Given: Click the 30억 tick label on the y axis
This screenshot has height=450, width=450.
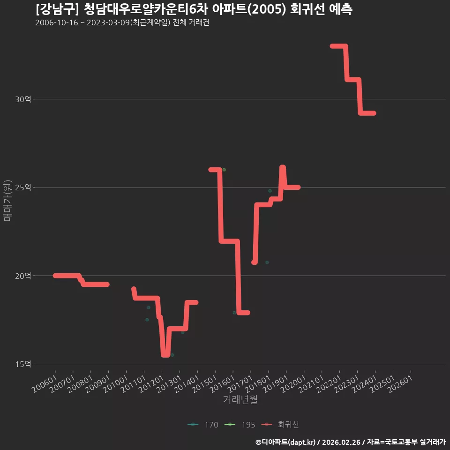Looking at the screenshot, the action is coord(23,99).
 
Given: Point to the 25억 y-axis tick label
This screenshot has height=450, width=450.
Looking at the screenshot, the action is coord(23,187).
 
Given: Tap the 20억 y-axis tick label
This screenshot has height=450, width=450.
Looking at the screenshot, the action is coord(23,276).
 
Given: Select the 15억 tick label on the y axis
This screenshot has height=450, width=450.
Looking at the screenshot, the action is coord(23,364).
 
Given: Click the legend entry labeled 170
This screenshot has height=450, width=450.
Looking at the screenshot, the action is coord(203,425).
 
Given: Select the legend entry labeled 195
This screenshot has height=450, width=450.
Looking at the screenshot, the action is coord(240,425).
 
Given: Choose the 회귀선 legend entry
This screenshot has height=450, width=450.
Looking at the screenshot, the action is coord(280,425).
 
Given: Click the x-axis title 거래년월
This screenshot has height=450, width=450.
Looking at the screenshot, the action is coord(240,399).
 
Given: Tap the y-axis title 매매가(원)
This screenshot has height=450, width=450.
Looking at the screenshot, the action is coord(8,201).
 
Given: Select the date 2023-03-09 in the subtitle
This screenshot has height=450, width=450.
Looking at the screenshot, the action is coord(108,22).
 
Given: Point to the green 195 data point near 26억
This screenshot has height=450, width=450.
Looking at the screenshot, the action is coord(224,170).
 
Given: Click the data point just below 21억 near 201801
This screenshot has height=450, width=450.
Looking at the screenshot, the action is coord(267,262).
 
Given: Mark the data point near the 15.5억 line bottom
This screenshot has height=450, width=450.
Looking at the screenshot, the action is coord(172,355).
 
